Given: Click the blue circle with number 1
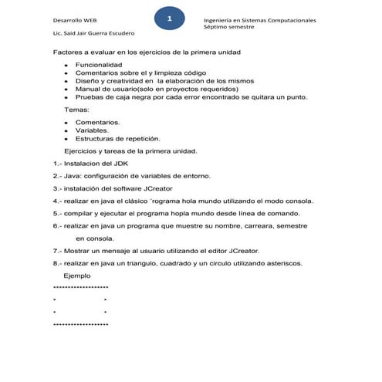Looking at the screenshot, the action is [170, 18].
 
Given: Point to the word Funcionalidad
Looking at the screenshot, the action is [98, 65].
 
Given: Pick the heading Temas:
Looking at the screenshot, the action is [76, 110].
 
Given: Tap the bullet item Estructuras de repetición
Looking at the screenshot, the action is [117, 139].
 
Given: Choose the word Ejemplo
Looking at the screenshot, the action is [76, 276].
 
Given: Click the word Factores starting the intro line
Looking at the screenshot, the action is [68, 52].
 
